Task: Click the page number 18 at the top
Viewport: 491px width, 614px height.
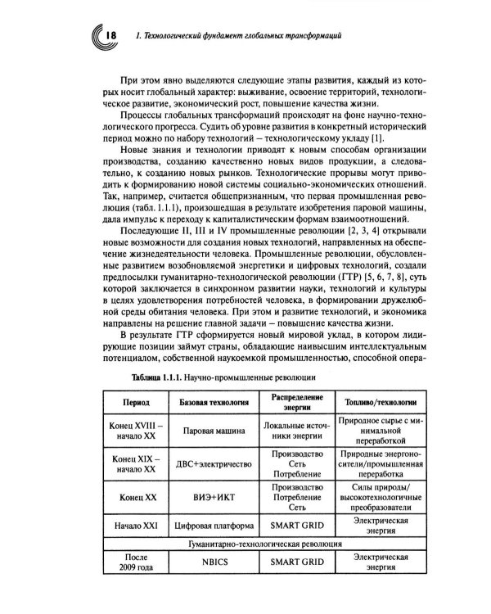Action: (x=112, y=35)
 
